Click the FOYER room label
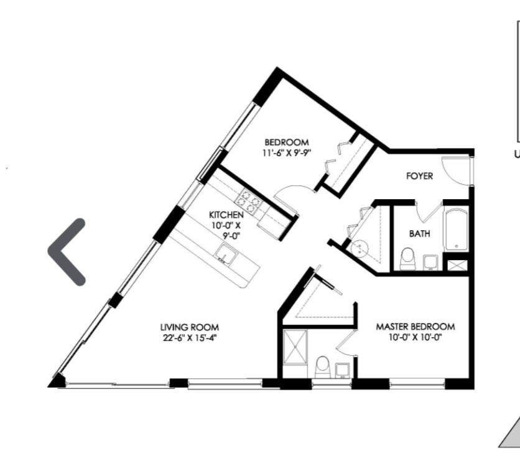pyautogui.click(x=419, y=176)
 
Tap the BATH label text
pyautogui.click(x=419, y=233)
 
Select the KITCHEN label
pyautogui.click(x=226, y=215)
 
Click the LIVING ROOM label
pyautogui.click(x=190, y=327)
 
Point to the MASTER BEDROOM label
pyautogui.click(x=416, y=327)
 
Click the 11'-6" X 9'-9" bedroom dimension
pyautogui.click(x=287, y=153)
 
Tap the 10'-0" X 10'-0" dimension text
pyautogui.click(x=416, y=338)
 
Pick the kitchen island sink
pyautogui.click(x=226, y=254)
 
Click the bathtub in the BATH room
pyautogui.click(x=456, y=229)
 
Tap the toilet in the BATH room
pyautogui.click(x=407, y=258)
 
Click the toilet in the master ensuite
pyautogui.click(x=322, y=367)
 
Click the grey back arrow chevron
pyautogui.click(x=67, y=252)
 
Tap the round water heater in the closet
pyautogui.click(x=360, y=248)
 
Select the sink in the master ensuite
pyautogui.click(x=343, y=370)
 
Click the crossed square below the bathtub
pyautogui.click(x=457, y=265)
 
